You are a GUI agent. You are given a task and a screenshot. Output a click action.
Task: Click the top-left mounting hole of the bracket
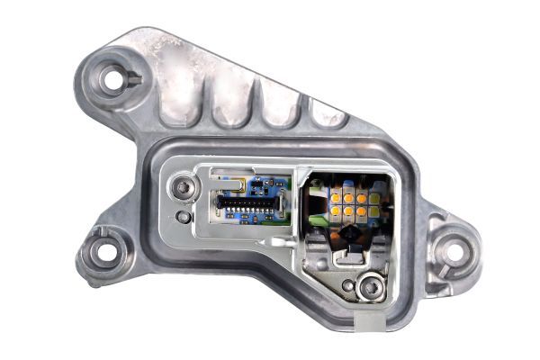point(113,80)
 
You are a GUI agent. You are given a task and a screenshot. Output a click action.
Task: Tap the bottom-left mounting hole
point(104,252)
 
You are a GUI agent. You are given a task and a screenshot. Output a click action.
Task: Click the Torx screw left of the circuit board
point(184,188)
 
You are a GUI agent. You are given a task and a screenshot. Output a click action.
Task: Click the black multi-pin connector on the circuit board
point(244,206)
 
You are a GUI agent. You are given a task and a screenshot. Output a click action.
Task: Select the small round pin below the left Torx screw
point(184,217)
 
